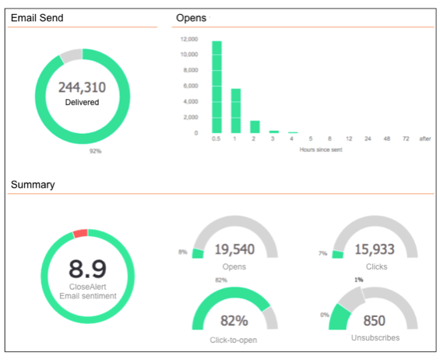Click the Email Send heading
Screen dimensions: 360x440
click(37, 17)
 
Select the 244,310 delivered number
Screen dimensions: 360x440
click(83, 88)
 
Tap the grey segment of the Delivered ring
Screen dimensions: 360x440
click(71, 55)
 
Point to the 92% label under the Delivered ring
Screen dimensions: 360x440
click(95, 150)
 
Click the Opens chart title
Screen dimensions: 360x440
click(192, 17)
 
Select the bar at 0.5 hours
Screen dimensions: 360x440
click(216, 86)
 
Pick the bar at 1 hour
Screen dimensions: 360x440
click(236, 111)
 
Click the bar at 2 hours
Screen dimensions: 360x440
click(255, 126)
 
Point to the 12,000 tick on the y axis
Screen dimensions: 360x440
click(188, 38)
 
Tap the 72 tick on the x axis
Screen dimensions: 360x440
click(405, 139)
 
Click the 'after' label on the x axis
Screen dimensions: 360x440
click(424, 139)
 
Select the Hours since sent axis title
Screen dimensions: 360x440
click(321, 149)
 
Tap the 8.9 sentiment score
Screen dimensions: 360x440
click(87, 269)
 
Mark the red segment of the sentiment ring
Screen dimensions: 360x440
click(80, 233)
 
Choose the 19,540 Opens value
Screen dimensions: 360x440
click(234, 249)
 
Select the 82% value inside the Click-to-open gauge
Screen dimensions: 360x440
click(234, 320)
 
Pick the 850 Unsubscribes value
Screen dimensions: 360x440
click(375, 320)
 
